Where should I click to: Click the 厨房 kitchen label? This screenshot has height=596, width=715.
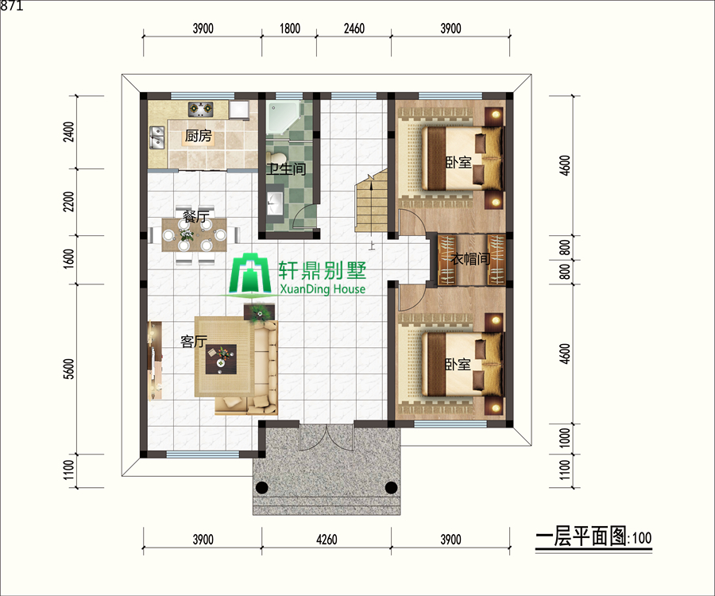click(199, 136)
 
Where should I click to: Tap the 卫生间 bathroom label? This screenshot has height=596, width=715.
click(286, 168)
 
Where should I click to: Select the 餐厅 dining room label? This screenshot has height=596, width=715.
click(196, 216)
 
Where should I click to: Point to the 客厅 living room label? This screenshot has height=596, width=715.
click(194, 341)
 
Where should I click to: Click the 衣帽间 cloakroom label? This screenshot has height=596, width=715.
click(470, 259)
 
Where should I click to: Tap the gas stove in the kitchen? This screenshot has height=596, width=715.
click(201, 109)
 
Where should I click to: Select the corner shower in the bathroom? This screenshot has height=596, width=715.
click(283, 118)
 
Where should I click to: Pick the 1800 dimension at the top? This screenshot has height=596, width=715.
click(289, 29)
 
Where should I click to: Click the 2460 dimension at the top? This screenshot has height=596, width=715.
click(354, 29)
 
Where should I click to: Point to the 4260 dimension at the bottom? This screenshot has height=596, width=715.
click(327, 540)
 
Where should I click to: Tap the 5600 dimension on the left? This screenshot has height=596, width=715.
click(68, 369)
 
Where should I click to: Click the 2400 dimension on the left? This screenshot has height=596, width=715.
click(68, 132)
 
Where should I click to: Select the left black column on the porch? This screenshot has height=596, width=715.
click(261, 487)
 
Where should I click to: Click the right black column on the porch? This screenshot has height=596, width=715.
click(391, 487)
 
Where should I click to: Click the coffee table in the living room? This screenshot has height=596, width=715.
click(221, 359)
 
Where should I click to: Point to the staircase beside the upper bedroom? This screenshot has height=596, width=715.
click(372, 200)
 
